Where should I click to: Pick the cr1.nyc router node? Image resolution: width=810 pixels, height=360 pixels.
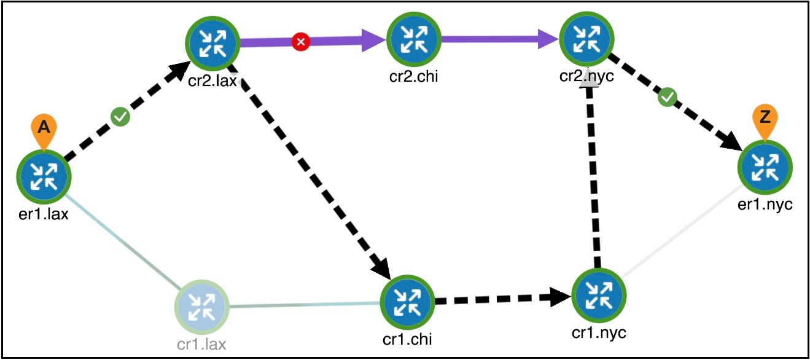click(598, 295)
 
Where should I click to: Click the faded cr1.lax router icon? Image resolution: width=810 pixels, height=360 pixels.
click(201, 305)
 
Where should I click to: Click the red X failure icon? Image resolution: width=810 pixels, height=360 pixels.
click(300, 42)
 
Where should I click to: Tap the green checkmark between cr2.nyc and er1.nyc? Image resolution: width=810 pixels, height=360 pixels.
click(667, 97)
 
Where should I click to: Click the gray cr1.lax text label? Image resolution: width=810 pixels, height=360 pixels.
click(201, 343)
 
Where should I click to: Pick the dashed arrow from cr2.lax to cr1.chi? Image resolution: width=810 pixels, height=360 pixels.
click(313, 178)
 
